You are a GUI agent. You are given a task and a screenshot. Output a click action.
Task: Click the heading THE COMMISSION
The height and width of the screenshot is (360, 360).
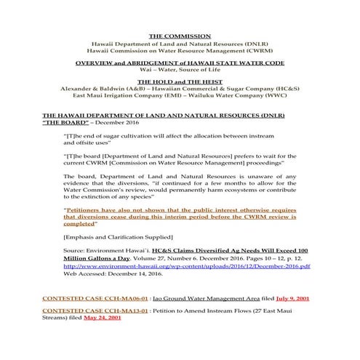[180, 36]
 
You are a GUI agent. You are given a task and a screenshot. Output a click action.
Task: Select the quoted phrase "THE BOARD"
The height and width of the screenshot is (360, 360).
[65, 123]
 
